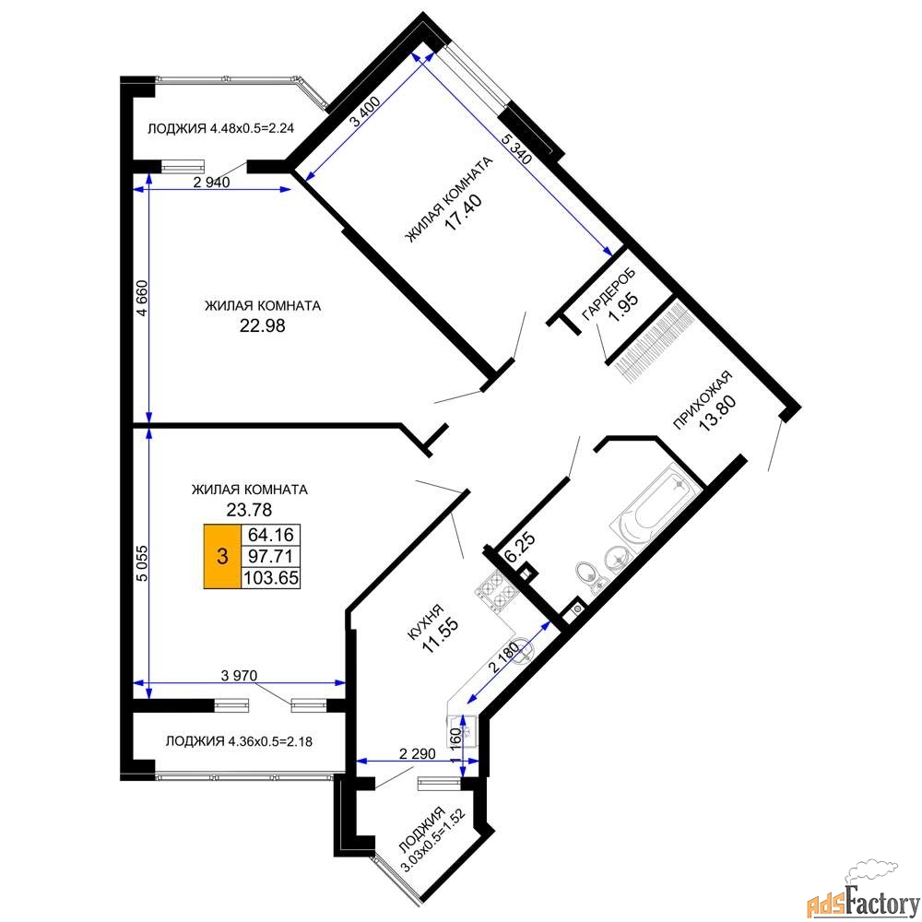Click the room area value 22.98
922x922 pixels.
[x=262, y=325]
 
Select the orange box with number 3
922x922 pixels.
[x=222, y=556]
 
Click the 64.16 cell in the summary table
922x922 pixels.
[x=270, y=535]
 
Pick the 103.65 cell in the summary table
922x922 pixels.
[x=271, y=577]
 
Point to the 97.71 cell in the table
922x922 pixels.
[x=270, y=556]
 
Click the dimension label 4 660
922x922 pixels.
[x=142, y=299]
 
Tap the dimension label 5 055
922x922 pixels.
[x=142, y=564]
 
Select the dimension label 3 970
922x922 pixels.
[x=239, y=676]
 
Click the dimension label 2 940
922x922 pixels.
[x=211, y=183]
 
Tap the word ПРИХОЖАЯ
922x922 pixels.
[x=703, y=400]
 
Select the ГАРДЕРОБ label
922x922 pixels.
[x=609, y=294]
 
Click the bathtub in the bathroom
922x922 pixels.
[x=656, y=506]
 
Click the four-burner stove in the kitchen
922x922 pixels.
[x=498, y=590]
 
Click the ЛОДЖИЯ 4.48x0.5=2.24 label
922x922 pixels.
[x=220, y=128]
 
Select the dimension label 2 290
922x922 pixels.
[x=417, y=753]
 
